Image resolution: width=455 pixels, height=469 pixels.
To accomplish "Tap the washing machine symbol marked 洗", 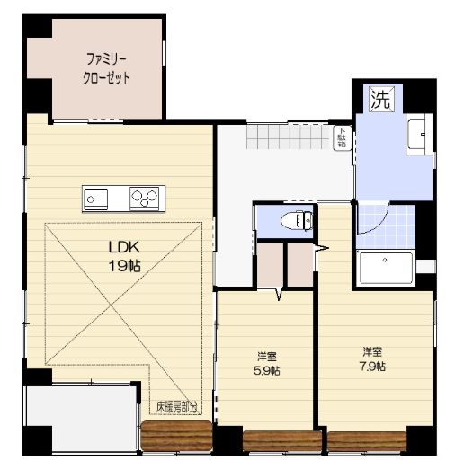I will [x=381, y=99].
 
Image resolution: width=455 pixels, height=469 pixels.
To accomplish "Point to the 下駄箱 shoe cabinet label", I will [x=343, y=139].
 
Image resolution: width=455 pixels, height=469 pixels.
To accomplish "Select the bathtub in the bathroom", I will [x=385, y=267].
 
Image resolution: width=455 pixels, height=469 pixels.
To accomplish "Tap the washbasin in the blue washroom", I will [x=418, y=137].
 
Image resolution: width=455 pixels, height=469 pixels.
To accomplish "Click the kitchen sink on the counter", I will [x=95, y=196].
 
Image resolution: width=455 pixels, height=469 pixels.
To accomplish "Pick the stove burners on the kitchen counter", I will [x=145, y=196].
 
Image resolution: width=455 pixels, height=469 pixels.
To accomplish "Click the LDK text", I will [x=124, y=246].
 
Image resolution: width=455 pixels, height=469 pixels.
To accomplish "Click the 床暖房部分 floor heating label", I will [x=176, y=407].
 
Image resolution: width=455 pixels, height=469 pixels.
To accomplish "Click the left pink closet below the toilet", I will [x=269, y=263].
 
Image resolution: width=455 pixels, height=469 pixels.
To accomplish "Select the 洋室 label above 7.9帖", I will [x=372, y=350].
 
